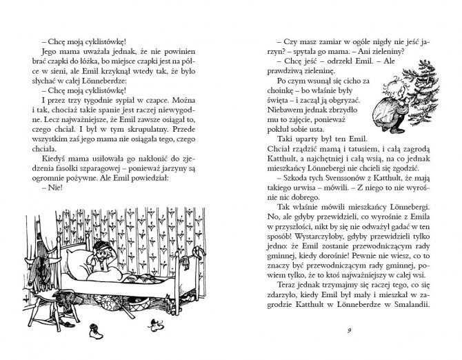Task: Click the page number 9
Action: click(x=350, y=330)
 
